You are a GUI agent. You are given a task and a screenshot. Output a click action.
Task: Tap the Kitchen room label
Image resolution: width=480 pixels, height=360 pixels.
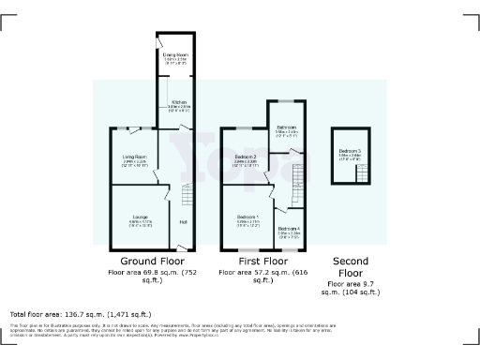(x=178, y=101)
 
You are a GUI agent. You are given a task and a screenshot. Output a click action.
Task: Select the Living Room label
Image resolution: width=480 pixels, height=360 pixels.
(x=135, y=157)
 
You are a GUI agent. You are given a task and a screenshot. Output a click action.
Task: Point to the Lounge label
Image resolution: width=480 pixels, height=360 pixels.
(x=140, y=217)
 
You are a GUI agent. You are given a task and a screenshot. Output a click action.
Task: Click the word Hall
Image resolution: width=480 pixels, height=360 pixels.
(x=183, y=221)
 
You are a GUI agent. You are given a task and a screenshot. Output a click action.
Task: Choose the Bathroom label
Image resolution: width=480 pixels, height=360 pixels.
(x=287, y=127)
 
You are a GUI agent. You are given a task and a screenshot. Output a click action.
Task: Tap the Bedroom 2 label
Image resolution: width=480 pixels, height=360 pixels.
(x=246, y=156)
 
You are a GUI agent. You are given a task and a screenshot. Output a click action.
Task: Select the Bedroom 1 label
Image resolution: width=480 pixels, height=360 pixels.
(x=248, y=217)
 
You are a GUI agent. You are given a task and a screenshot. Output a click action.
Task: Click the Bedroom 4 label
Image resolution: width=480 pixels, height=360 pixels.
(x=288, y=227)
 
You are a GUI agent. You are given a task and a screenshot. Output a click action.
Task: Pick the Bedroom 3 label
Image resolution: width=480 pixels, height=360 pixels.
(x=350, y=151)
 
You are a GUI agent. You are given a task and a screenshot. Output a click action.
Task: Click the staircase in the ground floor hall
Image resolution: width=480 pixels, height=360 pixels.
(x=184, y=196)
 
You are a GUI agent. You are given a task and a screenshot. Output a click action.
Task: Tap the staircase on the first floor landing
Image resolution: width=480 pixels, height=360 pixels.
(x=300, y=174)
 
